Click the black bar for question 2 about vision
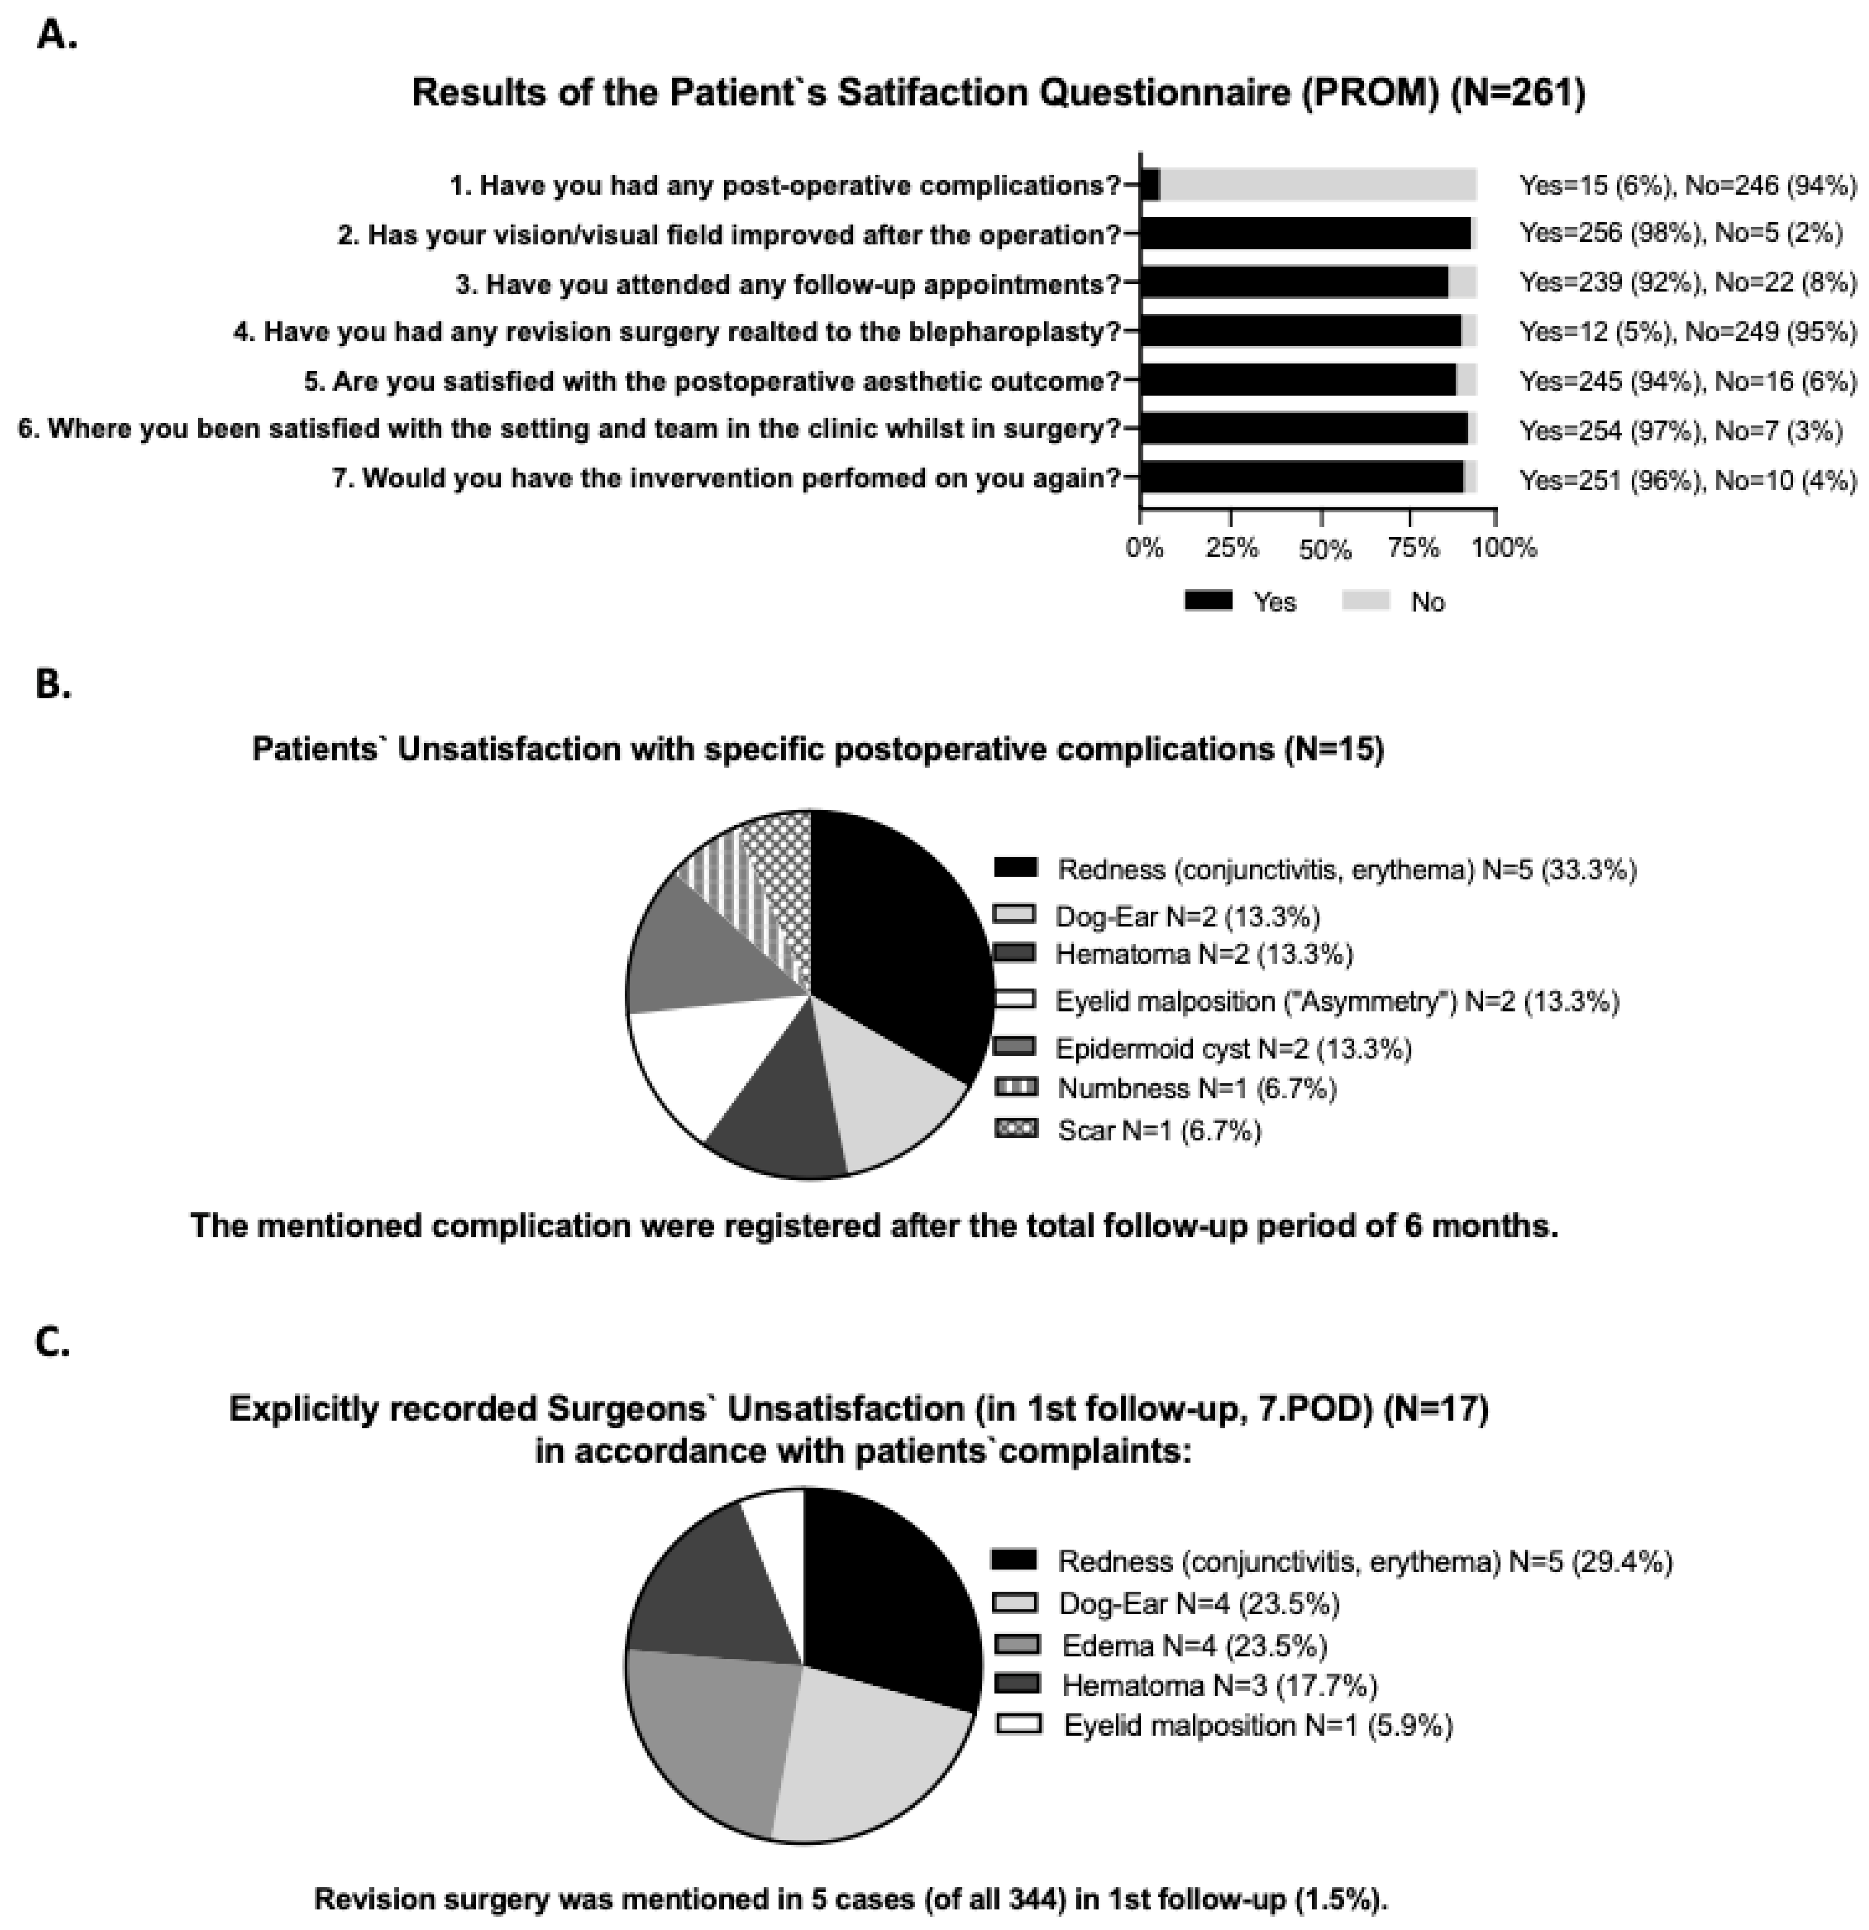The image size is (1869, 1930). tap(1305, 234)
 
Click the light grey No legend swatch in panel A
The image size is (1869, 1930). tap(1366, 601)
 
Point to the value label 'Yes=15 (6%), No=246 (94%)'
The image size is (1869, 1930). tap(1688, 185)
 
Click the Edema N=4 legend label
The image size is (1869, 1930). tap(1193, 1646)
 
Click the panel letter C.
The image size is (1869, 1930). tap(52, 1342)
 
